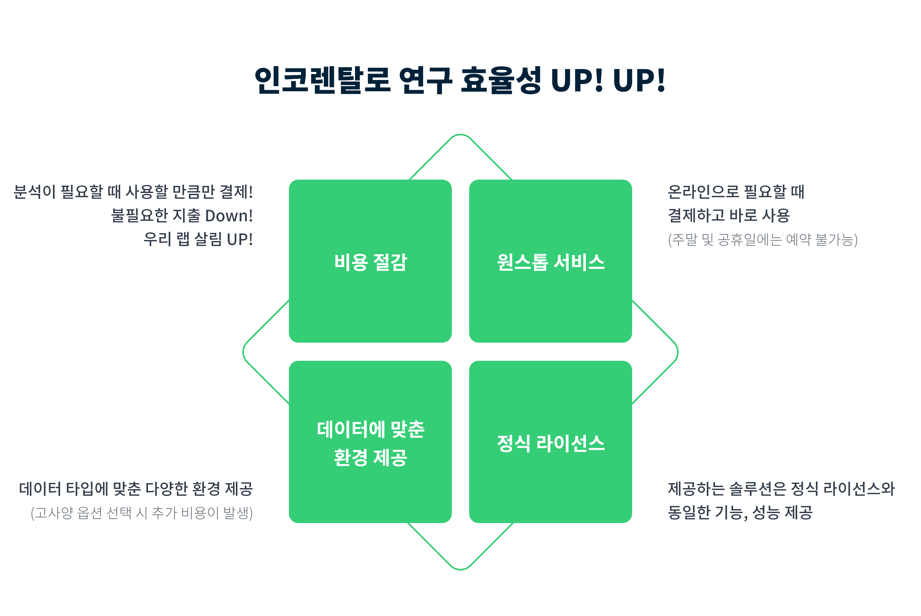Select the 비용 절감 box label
(x=370, y=262)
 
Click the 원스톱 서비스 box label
(x=551, y=262)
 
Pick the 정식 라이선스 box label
(x=551, y=443)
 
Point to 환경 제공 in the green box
(x=370, y=458)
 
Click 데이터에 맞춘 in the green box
(x=370, y=429)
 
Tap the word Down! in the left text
(x=229, y=216)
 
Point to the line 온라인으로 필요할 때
(x=736, y=192)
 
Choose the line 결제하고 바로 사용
(x=729, y=215)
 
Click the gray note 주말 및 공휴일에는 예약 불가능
(x=763, y=239)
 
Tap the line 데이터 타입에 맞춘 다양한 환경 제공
(x=136, y=489)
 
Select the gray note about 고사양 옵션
(x=142, y=513)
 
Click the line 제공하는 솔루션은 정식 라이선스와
(x=781, y=489)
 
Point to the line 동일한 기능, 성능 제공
(x=740, y=512)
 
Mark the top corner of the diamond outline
(x=460, y=135)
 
